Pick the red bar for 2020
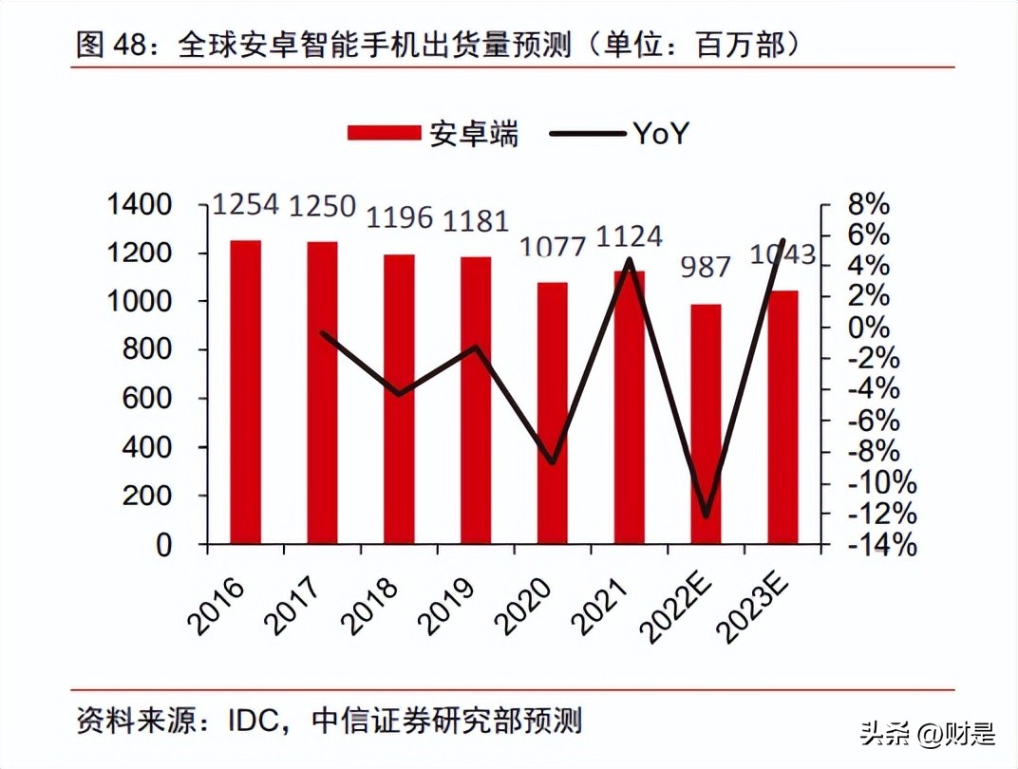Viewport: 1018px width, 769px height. [x=552, y=413]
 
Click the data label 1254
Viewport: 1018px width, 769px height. [x=245, y=205]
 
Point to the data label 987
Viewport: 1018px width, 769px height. [x=706, y=267]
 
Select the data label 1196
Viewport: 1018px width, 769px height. [x=399, y=217]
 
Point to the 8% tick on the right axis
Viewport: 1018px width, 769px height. [x=869, y=204]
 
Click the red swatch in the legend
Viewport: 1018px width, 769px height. [x=384, y=134]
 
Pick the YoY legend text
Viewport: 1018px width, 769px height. [x=659, y=134]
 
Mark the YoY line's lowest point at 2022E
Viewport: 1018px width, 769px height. [x=706, y=516]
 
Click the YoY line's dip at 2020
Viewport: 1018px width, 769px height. [x=552, y=462]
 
